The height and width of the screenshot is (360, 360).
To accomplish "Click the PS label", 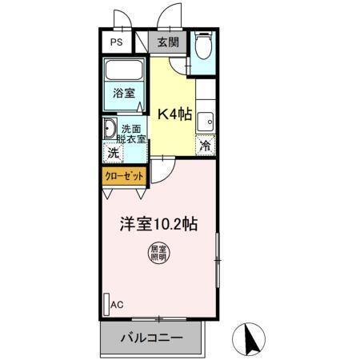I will [117, 43].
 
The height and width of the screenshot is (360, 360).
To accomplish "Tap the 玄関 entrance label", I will [167, 43].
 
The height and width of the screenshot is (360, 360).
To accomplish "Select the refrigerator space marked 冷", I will [206, 146].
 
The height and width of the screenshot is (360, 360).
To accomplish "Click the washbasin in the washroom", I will [110, 129].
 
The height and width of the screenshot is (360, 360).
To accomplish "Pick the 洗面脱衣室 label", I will [133, 133].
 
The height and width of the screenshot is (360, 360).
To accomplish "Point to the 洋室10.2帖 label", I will [159, 225].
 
